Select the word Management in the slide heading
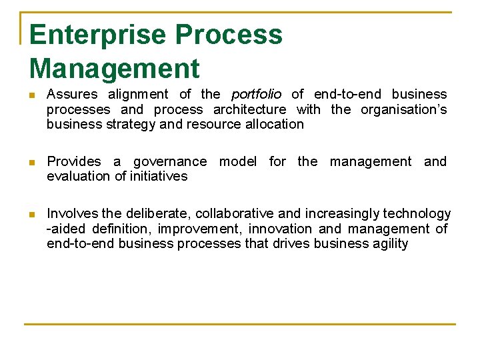tap(114, 69)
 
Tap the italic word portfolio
tap(256, 94)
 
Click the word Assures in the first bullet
tap(72, 94)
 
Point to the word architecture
tap(249, 109)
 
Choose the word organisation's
tap(403, 109)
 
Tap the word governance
tap(170, 161)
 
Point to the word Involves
tap(73, 213)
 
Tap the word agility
tap(387, 243)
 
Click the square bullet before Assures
tap(31, 95)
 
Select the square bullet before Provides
tap(31, 162)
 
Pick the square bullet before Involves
tap(31, 214)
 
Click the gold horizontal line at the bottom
tap(240, 324)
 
